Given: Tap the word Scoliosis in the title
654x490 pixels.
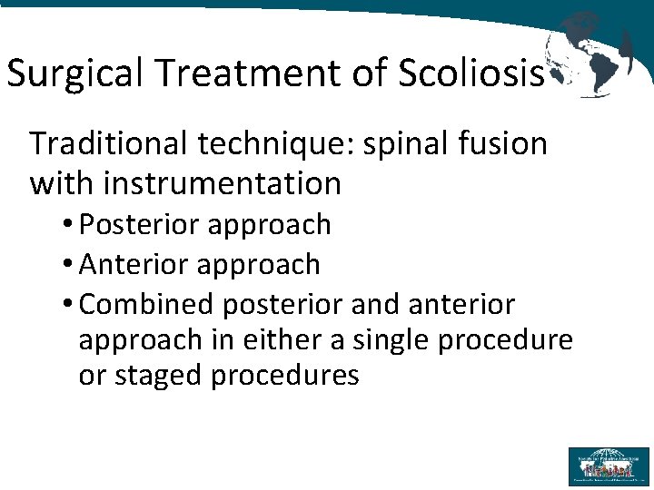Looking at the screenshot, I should point(471,73).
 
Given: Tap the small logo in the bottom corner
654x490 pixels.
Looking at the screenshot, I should point(609,465).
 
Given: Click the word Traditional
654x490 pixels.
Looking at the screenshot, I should point(109,143).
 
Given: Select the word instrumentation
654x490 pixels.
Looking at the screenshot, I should point(222,183).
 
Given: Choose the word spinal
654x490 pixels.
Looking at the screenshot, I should point(411,143).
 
